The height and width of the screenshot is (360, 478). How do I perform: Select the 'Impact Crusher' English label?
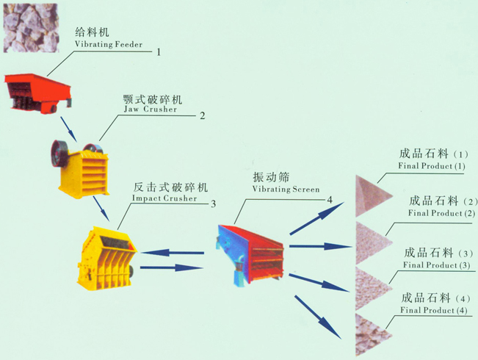click(164, 198)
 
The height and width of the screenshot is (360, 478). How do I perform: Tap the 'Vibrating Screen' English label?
click(286, 190)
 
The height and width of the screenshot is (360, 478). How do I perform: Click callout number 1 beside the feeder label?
click(158, 51)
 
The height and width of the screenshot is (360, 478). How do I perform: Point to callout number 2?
click(202, 115)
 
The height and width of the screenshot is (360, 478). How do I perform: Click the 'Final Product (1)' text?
click(432, 167)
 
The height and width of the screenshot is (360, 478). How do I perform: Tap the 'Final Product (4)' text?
click(433, 311)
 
